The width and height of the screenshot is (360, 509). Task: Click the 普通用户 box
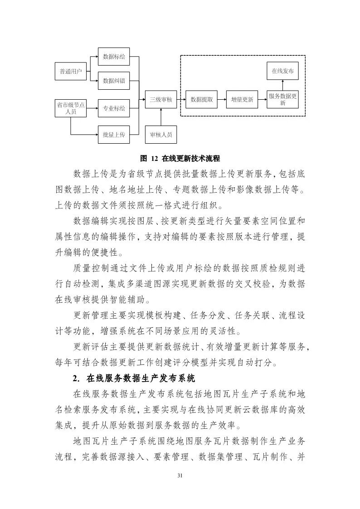(70, 72)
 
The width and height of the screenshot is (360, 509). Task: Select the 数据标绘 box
(114, 57)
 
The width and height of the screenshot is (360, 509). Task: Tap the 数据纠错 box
(114, 81)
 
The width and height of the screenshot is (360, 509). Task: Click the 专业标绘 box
(114, 108)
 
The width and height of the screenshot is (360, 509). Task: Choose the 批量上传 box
(114, 135)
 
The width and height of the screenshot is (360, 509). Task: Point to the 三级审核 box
(161, 99)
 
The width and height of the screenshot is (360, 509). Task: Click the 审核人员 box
(161, 135)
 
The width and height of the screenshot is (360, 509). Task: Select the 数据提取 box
(202, 99)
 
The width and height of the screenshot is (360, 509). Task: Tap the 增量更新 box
(242, 99)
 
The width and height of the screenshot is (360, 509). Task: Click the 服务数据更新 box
(283, 99)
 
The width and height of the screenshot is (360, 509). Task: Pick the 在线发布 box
(283, 71)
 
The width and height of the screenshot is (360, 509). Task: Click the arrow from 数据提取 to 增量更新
(222, 99)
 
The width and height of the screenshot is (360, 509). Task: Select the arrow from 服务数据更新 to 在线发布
(283, 85)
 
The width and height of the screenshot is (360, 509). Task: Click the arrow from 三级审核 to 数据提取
(181, 99)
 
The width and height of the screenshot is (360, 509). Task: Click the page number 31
(180, 475)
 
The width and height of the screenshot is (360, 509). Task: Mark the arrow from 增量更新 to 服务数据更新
(263, 99)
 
